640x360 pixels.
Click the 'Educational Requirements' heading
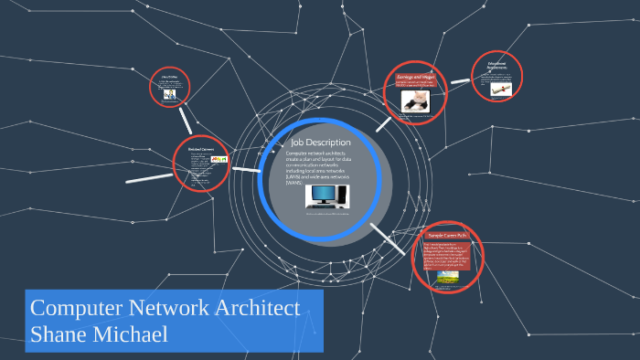(497, 67)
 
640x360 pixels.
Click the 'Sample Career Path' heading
(447, 236)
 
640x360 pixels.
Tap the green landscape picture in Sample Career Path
(447, 277)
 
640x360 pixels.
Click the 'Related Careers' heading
(200, 150)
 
